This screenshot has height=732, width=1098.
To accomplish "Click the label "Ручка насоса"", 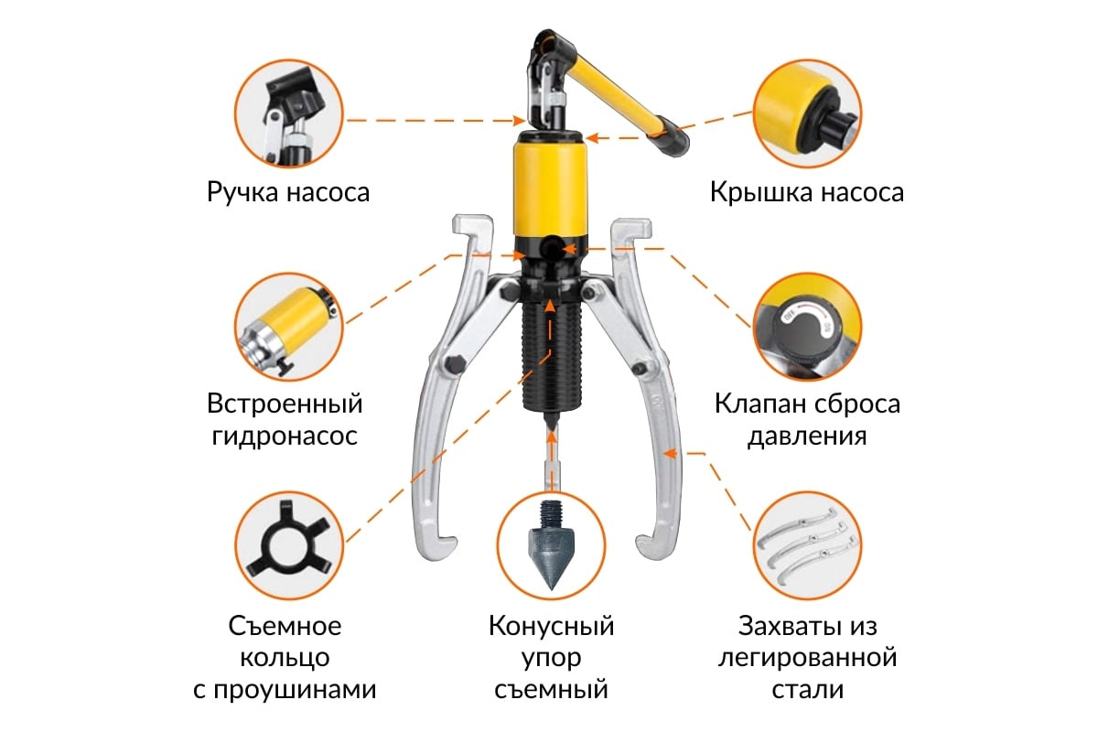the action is pyautogui.click(x=288, y=192).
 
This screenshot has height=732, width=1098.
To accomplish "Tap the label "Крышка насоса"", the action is pyautogui.click(x=807, y=192).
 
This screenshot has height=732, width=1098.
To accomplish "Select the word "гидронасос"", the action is pyautogui.click(x=285, y=436).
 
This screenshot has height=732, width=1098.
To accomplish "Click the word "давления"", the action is pyautogui.click(x=807, y=436).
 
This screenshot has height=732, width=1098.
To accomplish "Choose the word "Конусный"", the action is pyautogui.click(x=551, y=626).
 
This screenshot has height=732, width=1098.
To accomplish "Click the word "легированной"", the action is pyautogui.click(x=807, y=658).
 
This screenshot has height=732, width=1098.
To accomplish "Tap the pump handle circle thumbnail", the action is pyautogui.click(x=289, y=113).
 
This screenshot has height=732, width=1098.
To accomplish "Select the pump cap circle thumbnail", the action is pyautogui.click(x=807, y=113).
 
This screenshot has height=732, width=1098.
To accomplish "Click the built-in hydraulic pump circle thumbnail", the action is pyautogui.click(x=289, y=327).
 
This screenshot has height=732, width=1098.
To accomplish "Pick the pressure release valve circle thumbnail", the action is pyautogui.click(x=807, y=327).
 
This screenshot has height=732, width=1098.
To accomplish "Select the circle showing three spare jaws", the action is pyautogui.click(x=807, y=545).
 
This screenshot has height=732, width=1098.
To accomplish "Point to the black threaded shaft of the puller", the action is pyautogui.click(x=551, y=358).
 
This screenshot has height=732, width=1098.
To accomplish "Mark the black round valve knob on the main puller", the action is pyautogui.click(x=553, y=249).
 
